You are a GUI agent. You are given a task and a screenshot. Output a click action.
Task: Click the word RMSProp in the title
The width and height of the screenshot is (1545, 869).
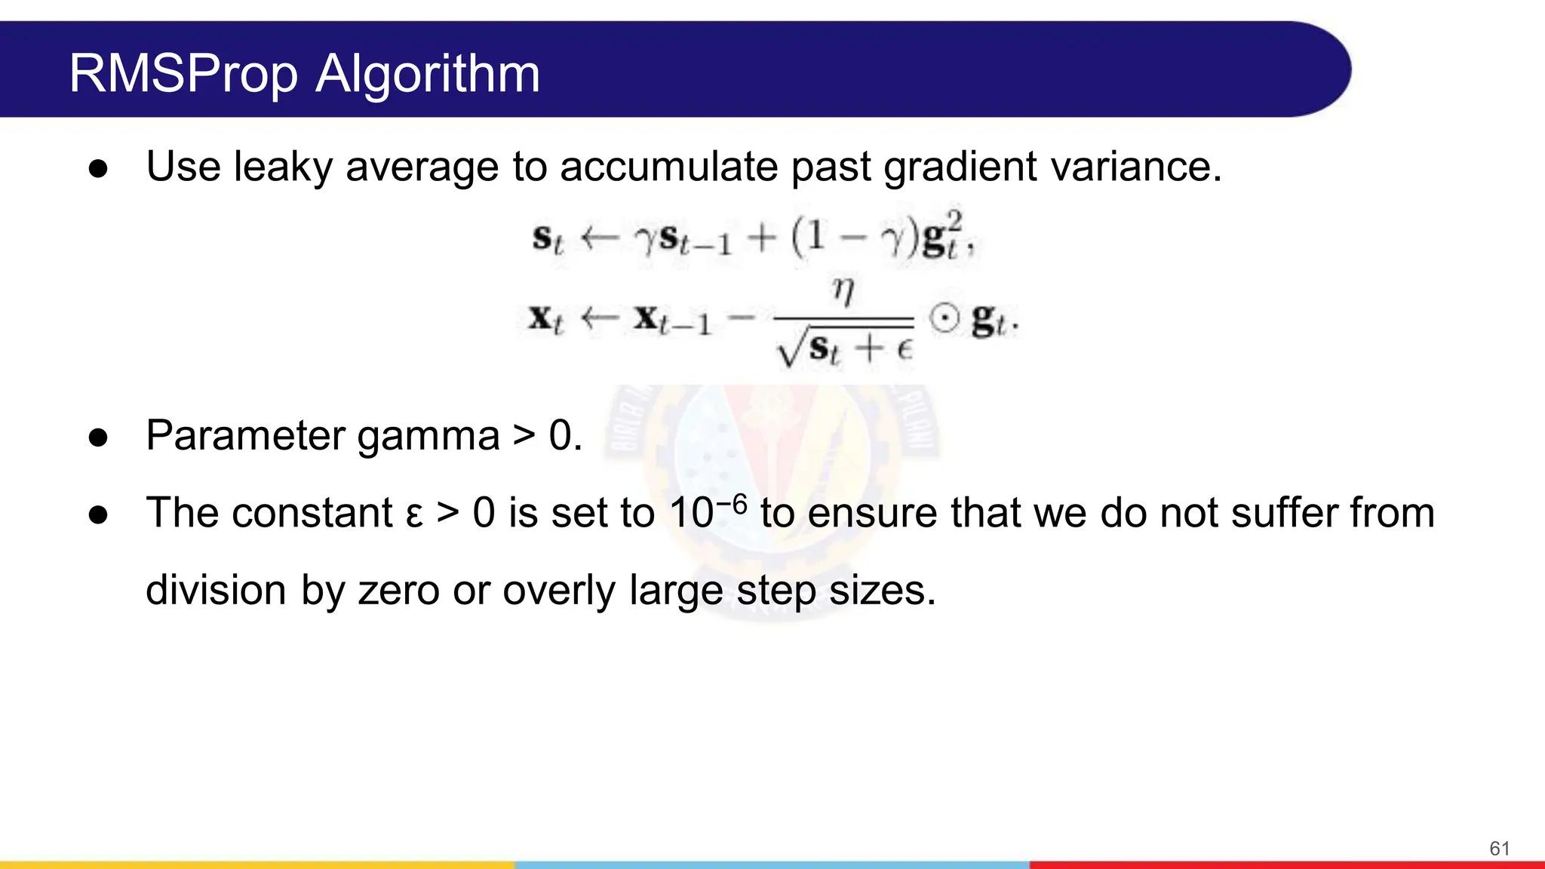click(x=183, y=75)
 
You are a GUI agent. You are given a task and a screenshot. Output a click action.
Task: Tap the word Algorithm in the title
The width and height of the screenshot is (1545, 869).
click(x=428, y=75)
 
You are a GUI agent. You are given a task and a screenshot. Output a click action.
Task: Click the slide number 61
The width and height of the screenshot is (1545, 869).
click(x=1499, y=849)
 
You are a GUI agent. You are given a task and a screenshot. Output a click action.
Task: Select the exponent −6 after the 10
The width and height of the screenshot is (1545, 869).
click(x=731, y=503)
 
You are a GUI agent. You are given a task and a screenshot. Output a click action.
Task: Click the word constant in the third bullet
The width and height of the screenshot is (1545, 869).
click(x=312, y=513)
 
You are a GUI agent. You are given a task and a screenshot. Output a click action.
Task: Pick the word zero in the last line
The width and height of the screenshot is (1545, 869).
click(x=398, y=590)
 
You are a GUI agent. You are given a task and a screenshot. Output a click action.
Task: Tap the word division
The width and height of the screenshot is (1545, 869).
click(x=216, y=590)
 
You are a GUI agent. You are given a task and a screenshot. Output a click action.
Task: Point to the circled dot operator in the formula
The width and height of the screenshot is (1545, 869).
click(x=944, y=318)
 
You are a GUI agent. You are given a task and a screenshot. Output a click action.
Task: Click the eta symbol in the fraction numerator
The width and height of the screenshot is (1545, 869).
click(x=843, y=290)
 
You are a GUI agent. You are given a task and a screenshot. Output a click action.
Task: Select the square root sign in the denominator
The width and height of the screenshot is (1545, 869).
click(x=791, y=350)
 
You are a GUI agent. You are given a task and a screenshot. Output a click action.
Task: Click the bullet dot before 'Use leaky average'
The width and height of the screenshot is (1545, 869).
click(x=98, y=168)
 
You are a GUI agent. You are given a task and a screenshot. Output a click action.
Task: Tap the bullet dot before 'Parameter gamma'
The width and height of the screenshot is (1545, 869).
click(x=98, y=438)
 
